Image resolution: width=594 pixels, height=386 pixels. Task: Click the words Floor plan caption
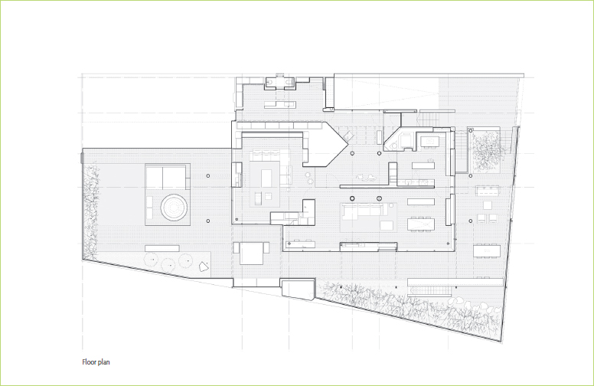96,362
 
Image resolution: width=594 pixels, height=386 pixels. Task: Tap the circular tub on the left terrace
174,207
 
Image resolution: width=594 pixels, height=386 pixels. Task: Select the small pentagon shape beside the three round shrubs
204,267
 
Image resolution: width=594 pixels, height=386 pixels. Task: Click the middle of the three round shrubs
168,264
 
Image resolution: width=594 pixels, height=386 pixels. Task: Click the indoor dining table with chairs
420,224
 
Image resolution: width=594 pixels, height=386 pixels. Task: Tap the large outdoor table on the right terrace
486,251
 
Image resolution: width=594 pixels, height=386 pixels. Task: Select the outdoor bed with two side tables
251,253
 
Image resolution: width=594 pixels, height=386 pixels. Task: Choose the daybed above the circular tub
167,177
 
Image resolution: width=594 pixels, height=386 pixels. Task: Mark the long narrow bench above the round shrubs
162,248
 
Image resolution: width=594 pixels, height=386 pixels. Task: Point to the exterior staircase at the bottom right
431,290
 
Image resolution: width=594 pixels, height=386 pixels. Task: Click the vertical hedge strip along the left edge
91,211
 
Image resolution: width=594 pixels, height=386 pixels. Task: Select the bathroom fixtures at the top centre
279,82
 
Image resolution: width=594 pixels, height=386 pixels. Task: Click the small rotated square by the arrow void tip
348,136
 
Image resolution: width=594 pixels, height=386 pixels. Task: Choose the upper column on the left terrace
208,175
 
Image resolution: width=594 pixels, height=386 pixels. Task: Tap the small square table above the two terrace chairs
488,205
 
